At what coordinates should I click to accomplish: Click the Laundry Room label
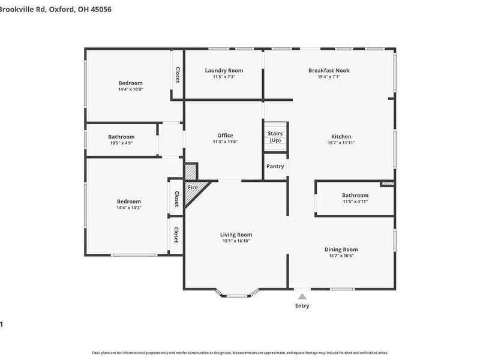[x=224, y=70]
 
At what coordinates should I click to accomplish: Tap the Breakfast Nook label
[x=329, y=70]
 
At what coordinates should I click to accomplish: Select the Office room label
[x=225, y=136]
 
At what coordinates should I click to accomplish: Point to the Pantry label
[x=275, y=166]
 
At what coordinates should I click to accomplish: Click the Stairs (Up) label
[x=275, y=137]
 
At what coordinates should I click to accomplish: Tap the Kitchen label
[x=341, y=137]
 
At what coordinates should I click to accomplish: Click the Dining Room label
[x=341, y=249]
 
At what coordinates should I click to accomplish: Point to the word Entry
[x=302, y=306]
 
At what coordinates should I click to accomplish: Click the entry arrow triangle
[x=302, y=296]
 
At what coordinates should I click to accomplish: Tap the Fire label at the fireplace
[x=193, y=187]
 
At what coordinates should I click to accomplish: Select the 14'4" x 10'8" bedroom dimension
[x=130, y=89]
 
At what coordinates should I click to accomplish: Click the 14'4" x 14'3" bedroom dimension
[x=129, y=208]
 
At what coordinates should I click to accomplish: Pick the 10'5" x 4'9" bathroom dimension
[x=121, y=143]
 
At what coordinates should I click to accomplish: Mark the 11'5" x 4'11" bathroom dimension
[x=355, y=202]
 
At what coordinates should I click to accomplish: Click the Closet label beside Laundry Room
[x=178, y=74]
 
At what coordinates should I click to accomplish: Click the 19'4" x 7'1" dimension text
[x=329, y=77]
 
